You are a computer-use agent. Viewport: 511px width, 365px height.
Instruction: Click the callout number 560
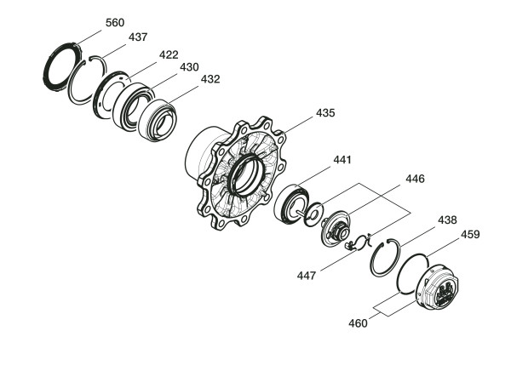115,23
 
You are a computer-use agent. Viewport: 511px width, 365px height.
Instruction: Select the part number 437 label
138,37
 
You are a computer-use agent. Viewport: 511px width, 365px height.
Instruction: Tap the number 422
169,54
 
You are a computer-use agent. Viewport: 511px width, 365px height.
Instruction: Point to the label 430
189,67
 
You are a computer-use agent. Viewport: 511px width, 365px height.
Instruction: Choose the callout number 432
210,79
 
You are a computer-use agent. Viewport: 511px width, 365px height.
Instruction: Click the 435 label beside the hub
325,113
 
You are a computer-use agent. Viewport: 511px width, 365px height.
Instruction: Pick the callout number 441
342,160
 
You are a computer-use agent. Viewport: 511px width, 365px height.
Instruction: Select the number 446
415,179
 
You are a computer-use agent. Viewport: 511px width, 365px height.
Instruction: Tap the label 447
307,276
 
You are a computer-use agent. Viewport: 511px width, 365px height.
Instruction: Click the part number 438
447,220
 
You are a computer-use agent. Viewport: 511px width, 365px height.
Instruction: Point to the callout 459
470,235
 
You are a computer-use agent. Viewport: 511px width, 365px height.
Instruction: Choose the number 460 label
358,323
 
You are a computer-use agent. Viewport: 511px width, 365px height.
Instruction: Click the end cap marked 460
438,287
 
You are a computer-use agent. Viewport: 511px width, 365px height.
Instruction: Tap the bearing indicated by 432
157,121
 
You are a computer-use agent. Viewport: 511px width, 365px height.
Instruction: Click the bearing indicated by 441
291,204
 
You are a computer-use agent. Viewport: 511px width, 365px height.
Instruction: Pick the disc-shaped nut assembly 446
335,229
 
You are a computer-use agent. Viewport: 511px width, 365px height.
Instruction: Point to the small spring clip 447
359,242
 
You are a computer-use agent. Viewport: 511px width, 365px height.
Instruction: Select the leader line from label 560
89,37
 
